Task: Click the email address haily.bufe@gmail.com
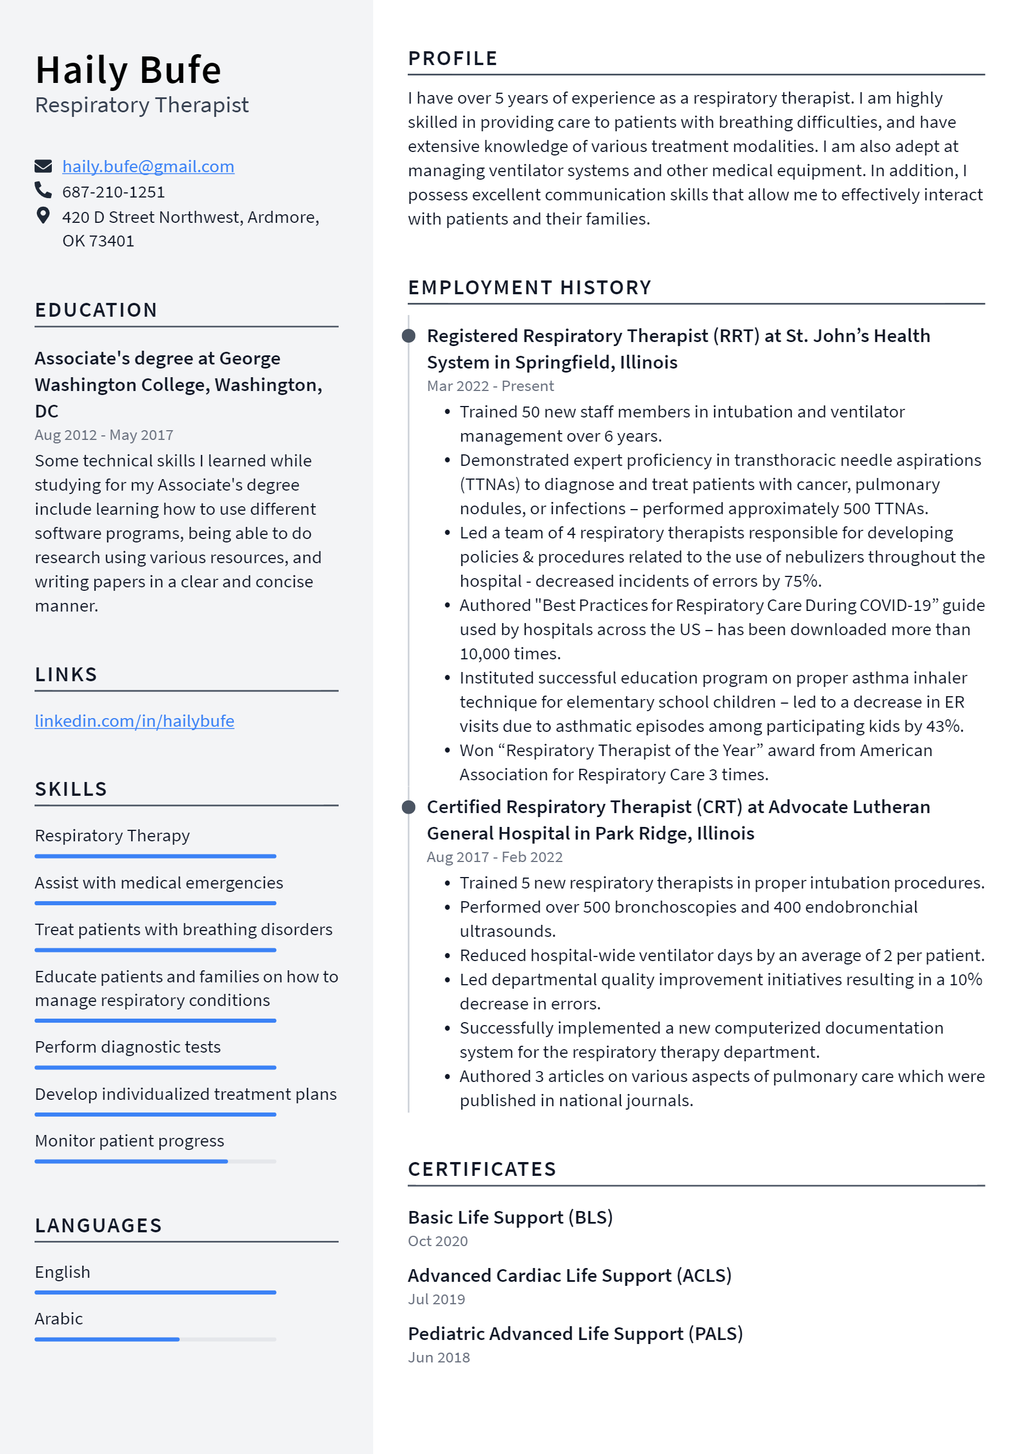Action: click(x=147, y=166)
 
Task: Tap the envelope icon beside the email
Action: click(x=43, y=166)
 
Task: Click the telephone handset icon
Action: click(x=43, y=190)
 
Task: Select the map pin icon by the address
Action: click(x=43, y=216)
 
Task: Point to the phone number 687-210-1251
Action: click(x=113, y=192)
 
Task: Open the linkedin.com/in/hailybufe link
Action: click(x=134, y=721)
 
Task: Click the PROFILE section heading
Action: click(x=452, y=58)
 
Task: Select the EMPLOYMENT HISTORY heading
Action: click(x=529, y=287)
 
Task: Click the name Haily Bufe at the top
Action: click(x=128, y=70)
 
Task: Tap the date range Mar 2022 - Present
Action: click(x=490, y=386)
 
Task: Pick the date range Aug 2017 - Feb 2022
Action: click(x=495, y=857)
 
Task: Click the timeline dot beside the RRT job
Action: click(x=409, y=336)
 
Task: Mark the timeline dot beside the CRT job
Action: click(x=409, y=807)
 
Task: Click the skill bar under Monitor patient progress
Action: click(x=155, y=1161)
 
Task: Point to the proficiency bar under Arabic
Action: click(x=155, y=1339)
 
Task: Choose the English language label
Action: click(x=62, y=1272)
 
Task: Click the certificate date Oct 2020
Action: click(x=438, y=1241)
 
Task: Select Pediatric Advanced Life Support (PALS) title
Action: click(x=575, y=1334)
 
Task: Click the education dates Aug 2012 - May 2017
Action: click(x=104, y=435)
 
